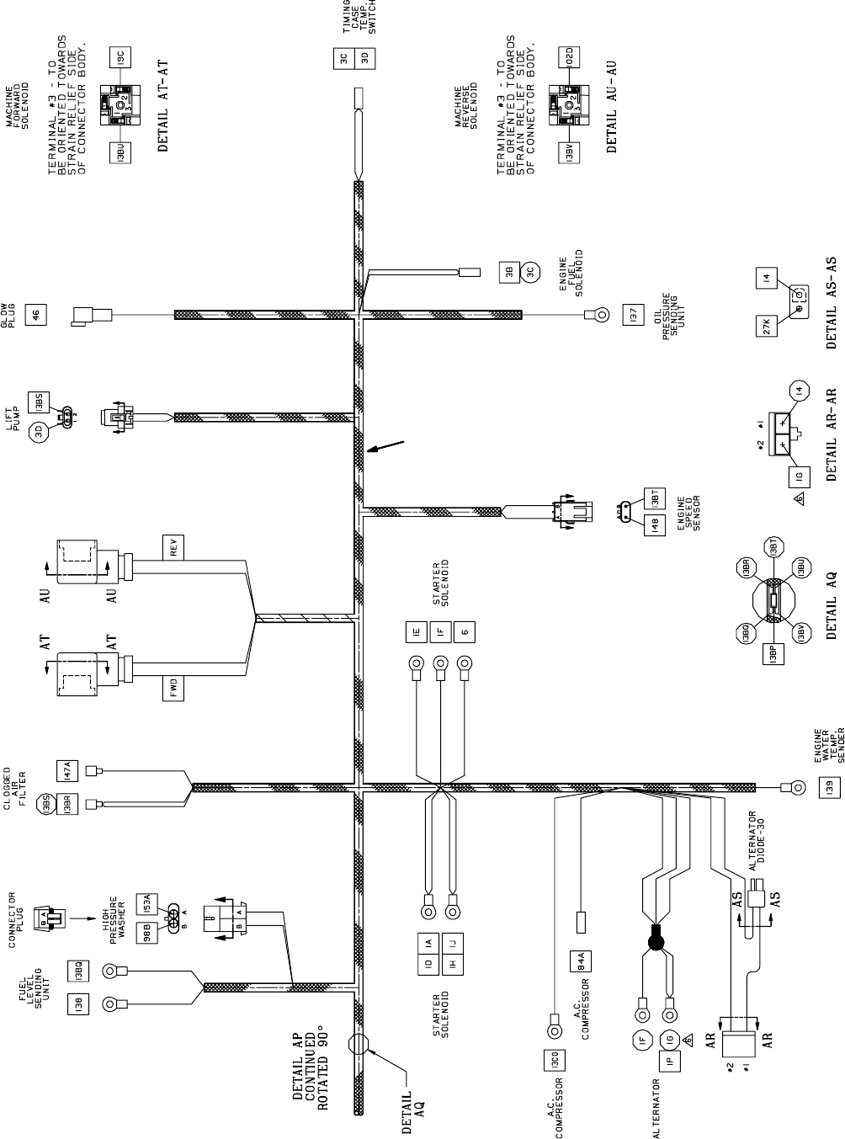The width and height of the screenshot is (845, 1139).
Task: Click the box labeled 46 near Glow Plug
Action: coord(35,315)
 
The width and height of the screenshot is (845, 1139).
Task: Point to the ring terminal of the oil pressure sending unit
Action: coord(597,316)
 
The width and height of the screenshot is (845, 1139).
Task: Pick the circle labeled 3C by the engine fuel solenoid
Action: coord(529,273)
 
